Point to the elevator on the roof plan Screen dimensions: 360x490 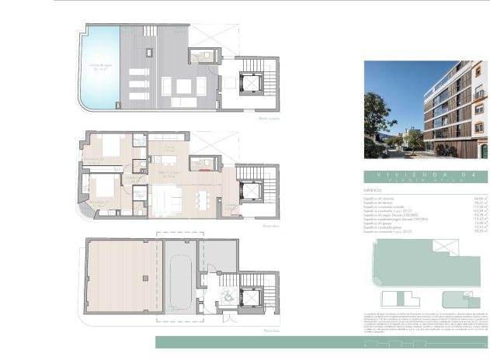[x=251, y=81]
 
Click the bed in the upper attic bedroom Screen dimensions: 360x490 [x=109, y=147]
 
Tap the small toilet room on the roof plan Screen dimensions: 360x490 [x=205, y=55]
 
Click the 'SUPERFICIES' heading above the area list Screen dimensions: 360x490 [x=374, y=189]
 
